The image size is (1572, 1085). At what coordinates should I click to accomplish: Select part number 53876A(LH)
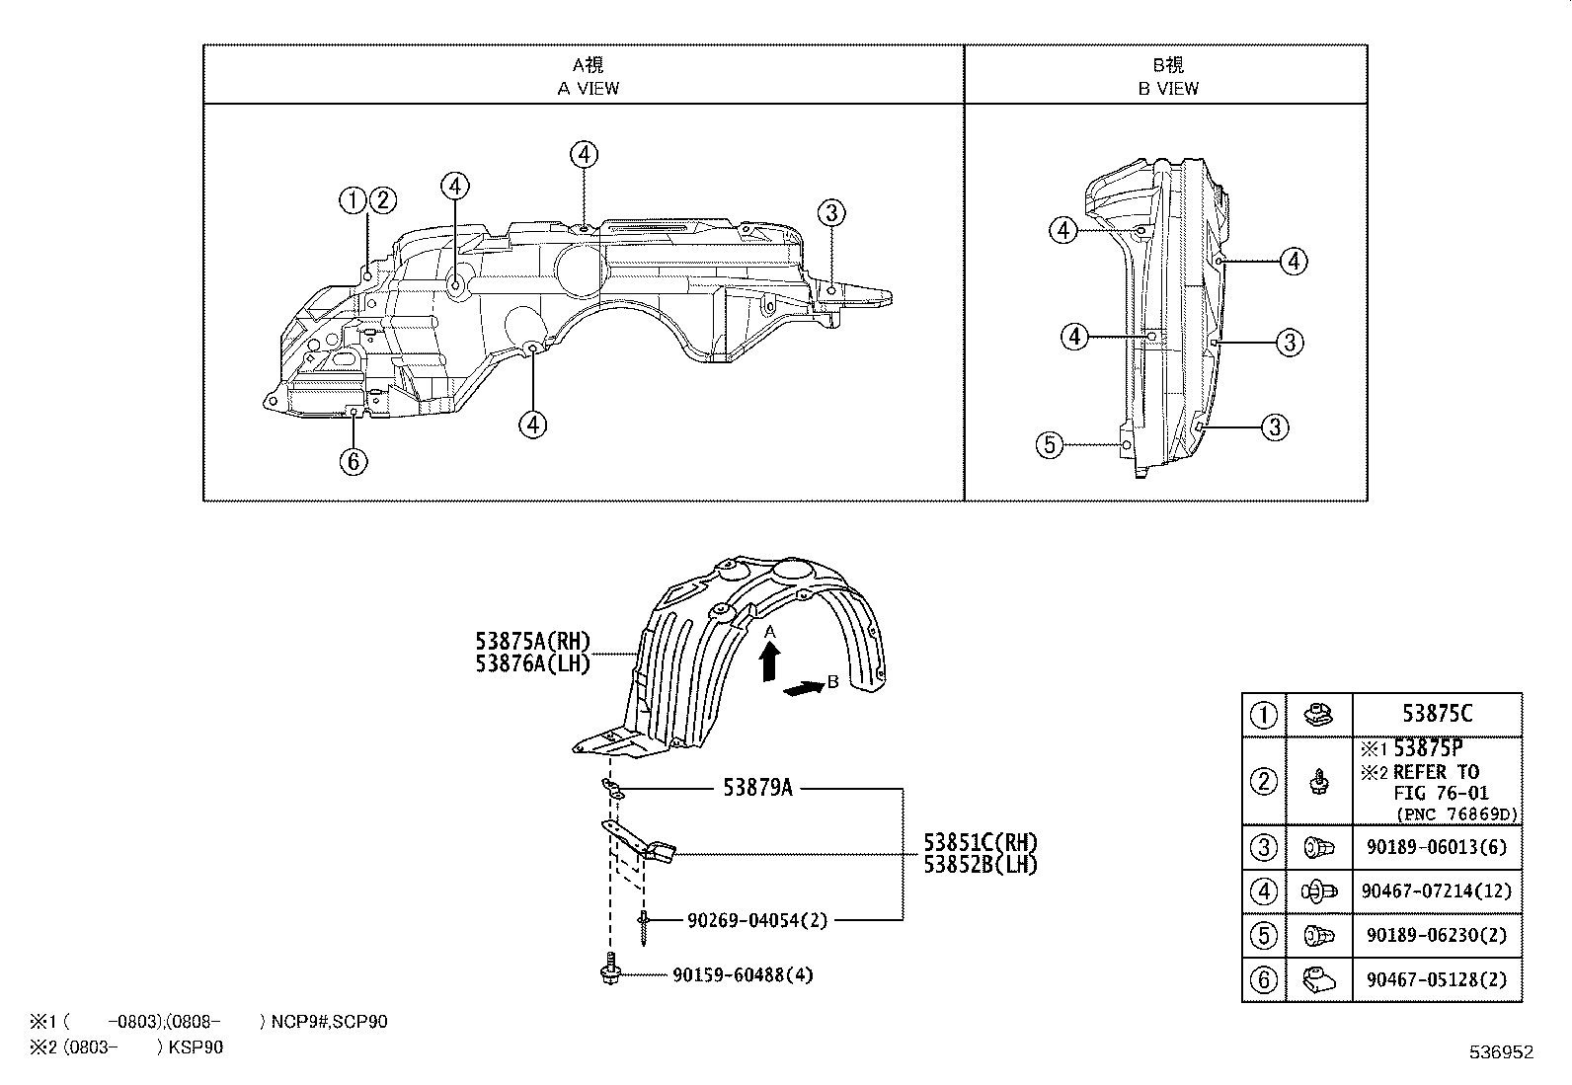point(532,664)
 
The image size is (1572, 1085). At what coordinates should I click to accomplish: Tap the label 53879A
point(757,788)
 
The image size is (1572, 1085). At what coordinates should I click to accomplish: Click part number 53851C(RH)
point(981,843)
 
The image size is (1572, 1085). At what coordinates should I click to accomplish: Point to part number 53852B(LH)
point(981,864)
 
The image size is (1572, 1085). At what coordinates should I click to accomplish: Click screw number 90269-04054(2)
point(756,920)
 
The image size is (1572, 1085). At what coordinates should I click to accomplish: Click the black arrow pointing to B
point(802,689)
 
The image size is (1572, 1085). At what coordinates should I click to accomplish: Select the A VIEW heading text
point(588,88)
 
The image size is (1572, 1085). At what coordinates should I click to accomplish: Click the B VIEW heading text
point(1168,88)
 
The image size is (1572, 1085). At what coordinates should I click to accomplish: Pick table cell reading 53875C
point(1436,714)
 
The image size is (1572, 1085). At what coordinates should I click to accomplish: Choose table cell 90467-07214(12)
point(1436,891)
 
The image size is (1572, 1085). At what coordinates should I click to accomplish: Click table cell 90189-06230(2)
point(1436,935)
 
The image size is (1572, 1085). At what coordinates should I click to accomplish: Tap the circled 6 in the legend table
point(1264,979)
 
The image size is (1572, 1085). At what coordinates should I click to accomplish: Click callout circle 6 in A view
point(354,460)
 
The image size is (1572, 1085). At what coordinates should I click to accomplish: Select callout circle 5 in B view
point(1050,445)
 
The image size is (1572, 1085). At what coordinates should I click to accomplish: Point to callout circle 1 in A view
point(353,201)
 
